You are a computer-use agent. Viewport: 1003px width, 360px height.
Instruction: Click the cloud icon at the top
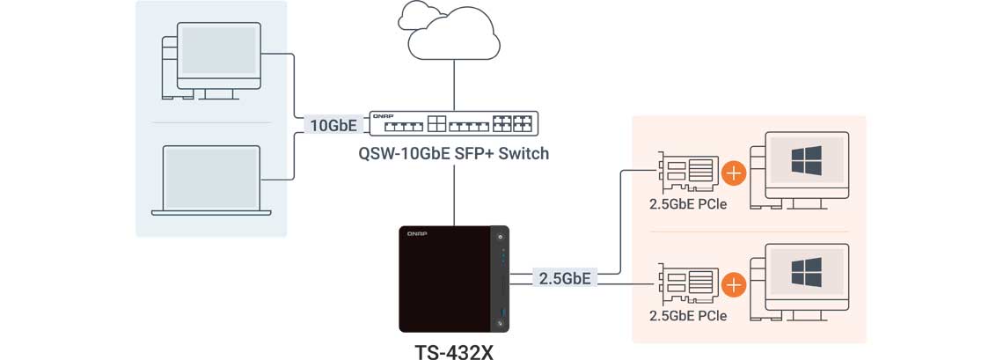click(448, 32)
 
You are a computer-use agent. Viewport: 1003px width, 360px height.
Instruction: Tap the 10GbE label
click(333, 126)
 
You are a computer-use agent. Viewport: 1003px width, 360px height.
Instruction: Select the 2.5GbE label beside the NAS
click(564, 279)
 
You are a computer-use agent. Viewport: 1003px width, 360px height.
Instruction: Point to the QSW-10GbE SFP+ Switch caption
click(453, 154)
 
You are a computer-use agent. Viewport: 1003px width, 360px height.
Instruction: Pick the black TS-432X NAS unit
click(454, 277)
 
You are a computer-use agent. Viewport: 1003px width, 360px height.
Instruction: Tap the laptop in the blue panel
click(211, 180)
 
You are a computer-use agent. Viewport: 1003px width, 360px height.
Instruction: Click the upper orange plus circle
click(733, 173)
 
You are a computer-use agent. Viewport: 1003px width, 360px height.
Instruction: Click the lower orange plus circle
click(733, 284)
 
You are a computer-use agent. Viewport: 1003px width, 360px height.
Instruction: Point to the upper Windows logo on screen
click(806, 162)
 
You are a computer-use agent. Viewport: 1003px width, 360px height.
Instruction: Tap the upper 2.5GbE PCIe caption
click(688, 206)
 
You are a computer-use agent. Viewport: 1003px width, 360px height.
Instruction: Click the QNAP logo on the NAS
click(417, 233)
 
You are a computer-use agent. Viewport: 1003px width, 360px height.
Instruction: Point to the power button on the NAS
click(501, 237)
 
